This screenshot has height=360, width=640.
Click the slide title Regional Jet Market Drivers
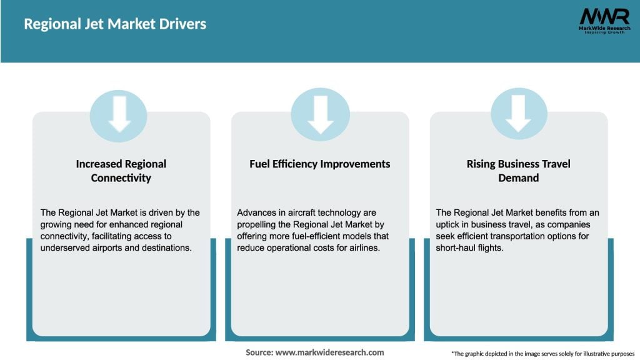coord(115,24)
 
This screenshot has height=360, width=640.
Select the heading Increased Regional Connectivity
coord(121,171)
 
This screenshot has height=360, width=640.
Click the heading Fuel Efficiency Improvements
coord(319,164)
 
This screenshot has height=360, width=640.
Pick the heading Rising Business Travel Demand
coord(518,171)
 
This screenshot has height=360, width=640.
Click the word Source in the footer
coord(259,352)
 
